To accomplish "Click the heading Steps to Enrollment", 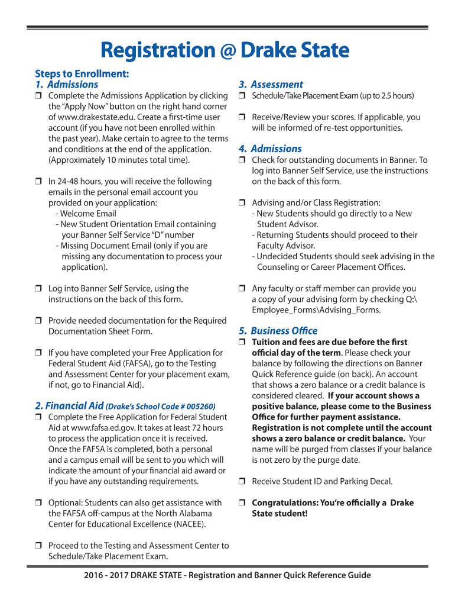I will (82, 73).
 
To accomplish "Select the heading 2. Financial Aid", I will (69, 406).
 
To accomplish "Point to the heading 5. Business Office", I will (278, 331).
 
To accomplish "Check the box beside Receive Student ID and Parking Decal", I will (242, 482).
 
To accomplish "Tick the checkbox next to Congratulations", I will (242, 503).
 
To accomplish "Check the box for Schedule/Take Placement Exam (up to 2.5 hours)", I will (242, 96).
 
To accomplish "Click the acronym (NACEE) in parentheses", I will (189, 524).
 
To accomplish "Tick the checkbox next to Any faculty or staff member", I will (242, 289).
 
